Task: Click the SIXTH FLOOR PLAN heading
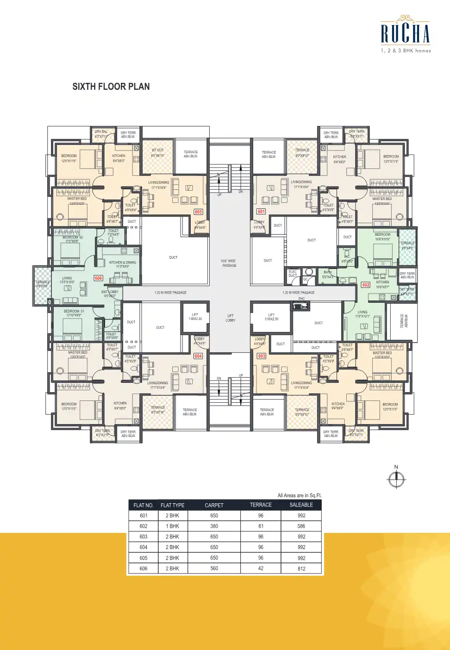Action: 111,87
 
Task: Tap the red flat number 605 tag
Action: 198,212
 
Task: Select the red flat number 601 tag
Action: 261,212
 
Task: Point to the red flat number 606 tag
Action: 99,278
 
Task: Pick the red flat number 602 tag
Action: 366,285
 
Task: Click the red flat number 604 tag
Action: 198,356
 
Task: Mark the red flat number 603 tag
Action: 262,356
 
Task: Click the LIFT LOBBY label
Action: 231,318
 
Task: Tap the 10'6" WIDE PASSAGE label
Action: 229,263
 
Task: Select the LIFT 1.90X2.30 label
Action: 195,317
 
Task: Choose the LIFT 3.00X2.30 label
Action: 271,317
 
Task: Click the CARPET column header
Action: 214,505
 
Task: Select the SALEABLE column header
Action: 301,505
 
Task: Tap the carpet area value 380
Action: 214,526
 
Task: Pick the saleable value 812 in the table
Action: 301,569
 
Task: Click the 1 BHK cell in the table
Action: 172,526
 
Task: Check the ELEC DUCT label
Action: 293,274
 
